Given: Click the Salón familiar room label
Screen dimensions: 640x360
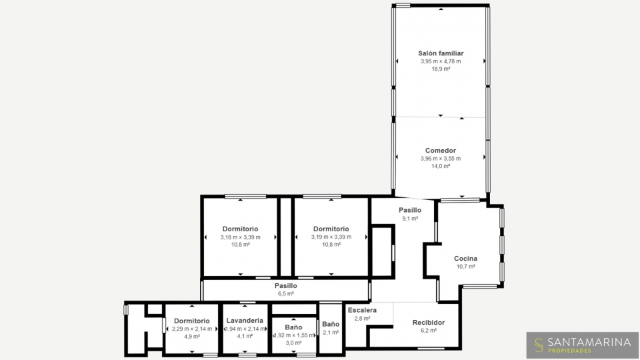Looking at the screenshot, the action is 441,53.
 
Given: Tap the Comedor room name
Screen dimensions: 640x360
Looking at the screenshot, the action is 441,151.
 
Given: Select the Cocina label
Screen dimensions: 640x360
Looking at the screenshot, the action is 466,259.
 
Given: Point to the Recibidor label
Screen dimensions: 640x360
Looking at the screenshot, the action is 429,323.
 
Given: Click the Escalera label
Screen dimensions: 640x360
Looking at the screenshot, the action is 362,310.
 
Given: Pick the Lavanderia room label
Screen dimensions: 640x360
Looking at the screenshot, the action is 245,321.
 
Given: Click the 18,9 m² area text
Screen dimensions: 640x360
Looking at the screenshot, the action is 441,69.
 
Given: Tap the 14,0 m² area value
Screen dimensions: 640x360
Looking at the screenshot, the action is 441,166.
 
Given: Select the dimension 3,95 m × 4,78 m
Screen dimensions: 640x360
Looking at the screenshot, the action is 441,61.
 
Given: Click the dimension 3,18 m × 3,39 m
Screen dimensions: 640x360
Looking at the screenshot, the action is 241,237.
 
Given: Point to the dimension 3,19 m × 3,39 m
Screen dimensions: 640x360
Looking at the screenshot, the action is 331,237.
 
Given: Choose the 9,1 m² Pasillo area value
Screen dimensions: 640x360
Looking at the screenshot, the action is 410,219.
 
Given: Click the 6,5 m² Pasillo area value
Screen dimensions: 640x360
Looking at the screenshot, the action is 286,293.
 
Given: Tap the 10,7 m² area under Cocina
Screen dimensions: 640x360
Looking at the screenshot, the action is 466,267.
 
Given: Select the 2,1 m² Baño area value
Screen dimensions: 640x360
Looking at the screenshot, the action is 331,332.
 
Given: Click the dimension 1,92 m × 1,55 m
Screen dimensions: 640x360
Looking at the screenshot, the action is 294,335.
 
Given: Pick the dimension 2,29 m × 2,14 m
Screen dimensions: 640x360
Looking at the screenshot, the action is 192,329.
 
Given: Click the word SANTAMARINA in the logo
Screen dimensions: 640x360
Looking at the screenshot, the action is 589,342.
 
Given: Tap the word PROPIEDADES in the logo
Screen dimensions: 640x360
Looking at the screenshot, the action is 569,351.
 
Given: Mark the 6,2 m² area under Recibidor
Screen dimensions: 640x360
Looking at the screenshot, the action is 429,331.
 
